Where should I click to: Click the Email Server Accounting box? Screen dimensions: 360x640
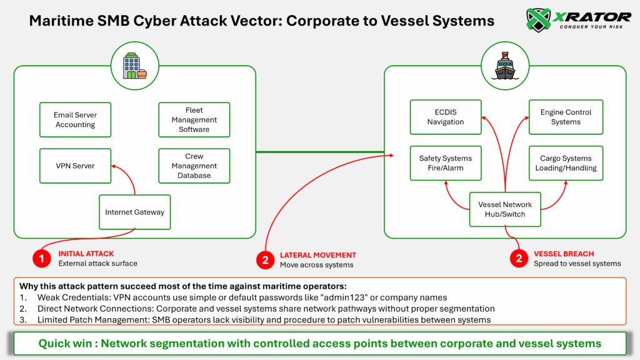(x=75, y=120)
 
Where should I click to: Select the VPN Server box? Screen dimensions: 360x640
(x=75, y=166)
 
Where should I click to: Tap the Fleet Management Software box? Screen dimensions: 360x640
(x=194, y=120)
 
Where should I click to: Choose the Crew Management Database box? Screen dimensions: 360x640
(x=194, y=166)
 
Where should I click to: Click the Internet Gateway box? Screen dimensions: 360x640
(x=135, y=212)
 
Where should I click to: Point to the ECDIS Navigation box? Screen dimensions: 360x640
(x=446, y=117)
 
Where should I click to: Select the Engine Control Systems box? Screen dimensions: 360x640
(x=566, y=117)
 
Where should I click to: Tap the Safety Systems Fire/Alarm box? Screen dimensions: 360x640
(x=446, y=163)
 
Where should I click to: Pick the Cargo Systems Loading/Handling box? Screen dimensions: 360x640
(x=566, y=163)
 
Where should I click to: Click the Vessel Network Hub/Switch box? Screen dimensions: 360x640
(x=505, y=209)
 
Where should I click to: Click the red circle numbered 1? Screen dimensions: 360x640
(x=42, y=259)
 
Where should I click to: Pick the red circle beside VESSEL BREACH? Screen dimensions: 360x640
(x=519, y=259)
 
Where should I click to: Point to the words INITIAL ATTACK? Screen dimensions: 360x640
(x=86, y=254)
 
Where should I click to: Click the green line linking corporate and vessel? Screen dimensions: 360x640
(x=319, y=151)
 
